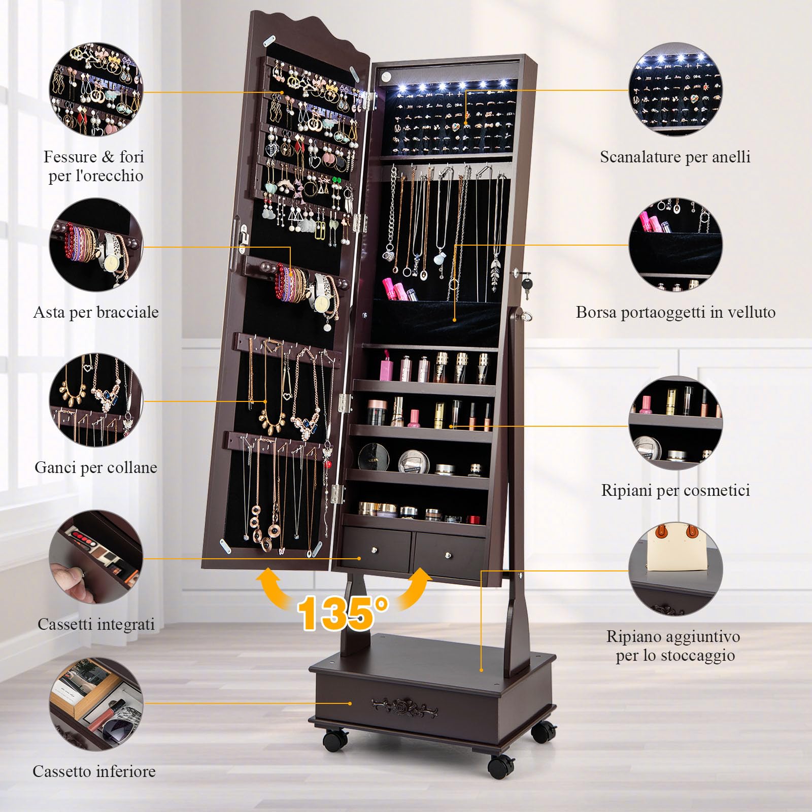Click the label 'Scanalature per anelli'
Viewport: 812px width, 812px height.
pos(675,157)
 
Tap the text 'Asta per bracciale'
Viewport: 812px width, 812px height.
pos(96,312)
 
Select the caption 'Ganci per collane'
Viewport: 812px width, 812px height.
pos(96,467)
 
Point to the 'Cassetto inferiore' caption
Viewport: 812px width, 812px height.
pos(94,771)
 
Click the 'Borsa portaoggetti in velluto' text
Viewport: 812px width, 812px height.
pos(675,312)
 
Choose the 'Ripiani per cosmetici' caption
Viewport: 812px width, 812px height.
pos(675,490)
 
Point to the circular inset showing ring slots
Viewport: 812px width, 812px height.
pos(675,89)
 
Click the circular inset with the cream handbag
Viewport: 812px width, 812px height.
pos(675,569)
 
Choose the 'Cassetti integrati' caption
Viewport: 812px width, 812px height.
pos(96,624)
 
